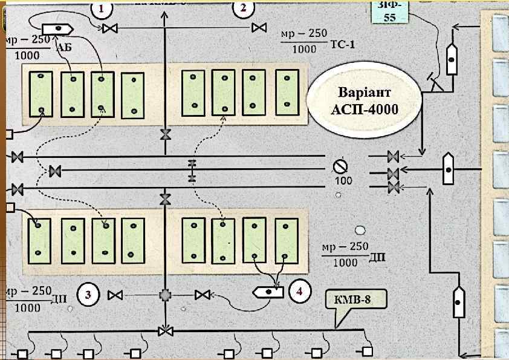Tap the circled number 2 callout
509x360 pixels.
click(243, 8)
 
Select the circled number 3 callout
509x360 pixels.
click(88, 295)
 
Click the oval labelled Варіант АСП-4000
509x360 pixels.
click(363, 102)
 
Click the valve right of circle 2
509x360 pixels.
click(260, 28)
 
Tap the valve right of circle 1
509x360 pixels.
click(109, 28)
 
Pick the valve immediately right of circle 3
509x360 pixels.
click(115, 295)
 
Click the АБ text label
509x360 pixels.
click(63, 47)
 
